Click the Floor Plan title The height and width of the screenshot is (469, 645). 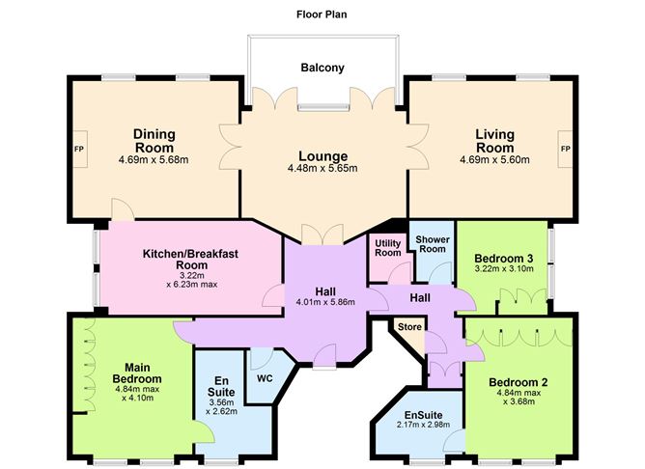(322, 14)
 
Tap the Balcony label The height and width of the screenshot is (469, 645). (321, 68)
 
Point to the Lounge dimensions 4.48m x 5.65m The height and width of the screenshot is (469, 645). (322, 169)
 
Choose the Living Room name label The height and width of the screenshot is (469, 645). (494, 141)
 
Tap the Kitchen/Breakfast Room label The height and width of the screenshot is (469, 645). (189, 259)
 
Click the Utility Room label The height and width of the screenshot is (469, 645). (387, 248)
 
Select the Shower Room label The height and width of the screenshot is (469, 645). (431, 243)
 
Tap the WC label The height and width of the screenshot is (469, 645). (265, 376)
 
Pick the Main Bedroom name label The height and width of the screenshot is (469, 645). (129, 372)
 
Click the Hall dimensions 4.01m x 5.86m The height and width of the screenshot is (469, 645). (326, 302)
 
